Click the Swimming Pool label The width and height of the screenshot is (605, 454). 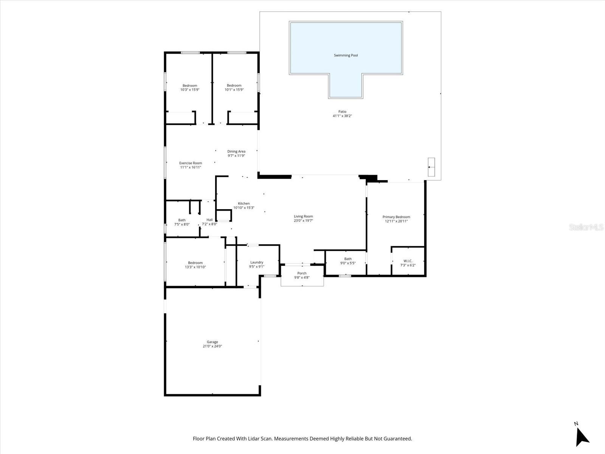tap(346, 55)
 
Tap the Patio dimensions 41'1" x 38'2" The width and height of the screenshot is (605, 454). tap(342, 116)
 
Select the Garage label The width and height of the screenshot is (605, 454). tap(212, 342)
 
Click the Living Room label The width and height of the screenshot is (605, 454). tap(303, 216)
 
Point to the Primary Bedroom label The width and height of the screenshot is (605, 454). tap(396, 217)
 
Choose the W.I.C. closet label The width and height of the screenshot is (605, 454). tap(408, 261)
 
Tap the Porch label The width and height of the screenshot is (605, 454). tap(302, 273)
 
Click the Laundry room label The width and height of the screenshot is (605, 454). tap(256, 263)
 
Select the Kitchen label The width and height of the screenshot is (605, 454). tap(244, 204)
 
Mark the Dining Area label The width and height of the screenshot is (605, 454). tap(236, 151)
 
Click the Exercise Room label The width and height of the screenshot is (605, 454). tap(191, 163)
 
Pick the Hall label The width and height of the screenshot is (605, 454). tap(209, 220)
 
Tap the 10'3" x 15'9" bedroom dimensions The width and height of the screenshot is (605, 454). tap(190, 90)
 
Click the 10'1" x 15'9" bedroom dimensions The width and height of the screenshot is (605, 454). tap(234, 90)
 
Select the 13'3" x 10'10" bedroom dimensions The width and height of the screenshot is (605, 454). tap(195, 267)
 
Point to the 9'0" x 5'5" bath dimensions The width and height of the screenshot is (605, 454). tap(348, 263)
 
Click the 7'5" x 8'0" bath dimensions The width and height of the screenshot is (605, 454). tap(182, 224)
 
